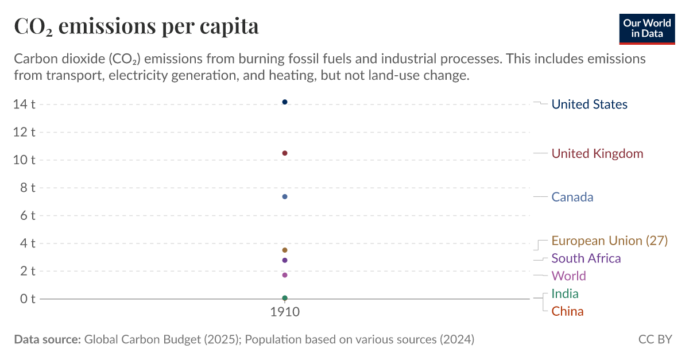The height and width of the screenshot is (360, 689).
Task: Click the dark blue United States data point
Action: coord(285,102)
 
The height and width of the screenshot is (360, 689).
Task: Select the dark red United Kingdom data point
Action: coord(285,153)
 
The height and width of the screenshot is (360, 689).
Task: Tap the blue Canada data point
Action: coord(285,197)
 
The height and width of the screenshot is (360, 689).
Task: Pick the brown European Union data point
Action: coord(285,250)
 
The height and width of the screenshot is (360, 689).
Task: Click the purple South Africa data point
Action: coord(285,261)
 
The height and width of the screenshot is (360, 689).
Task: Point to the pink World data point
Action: coord(285,275)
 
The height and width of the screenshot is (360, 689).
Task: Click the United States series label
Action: coord(589,104)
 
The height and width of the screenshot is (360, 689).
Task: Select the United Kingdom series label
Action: coord(597,154)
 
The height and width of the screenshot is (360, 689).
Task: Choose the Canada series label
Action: coord(572,197)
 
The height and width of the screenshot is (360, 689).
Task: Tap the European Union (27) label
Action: coord(609,241)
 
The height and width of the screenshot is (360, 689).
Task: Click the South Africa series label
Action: coord(586,258)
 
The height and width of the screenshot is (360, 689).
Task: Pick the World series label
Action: coord(568,276)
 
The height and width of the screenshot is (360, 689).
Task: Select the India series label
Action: coord(564,294)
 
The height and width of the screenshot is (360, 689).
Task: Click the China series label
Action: coord(567,312)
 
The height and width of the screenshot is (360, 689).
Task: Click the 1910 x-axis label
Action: coord(285,313)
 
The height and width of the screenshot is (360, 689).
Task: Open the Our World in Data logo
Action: coord(647,28)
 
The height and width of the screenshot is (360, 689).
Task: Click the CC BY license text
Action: coord(655,339)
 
